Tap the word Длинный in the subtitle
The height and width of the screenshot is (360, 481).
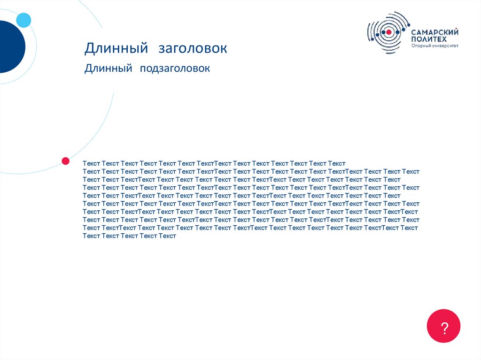click(108, 69)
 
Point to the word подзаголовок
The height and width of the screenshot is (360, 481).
click(174, 69)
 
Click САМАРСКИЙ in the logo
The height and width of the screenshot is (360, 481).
click(435, 32)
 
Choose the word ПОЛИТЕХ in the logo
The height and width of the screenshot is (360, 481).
click(429, 39)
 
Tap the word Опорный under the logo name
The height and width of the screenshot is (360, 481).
click(420, 46)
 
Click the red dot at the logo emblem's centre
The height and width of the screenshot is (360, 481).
click(389, 32)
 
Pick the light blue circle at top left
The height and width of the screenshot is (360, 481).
click(23, 20)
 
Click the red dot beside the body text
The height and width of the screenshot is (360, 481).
click(66, 161)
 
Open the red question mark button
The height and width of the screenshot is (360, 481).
click(443, 326)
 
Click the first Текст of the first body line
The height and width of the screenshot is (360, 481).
click(91, 163)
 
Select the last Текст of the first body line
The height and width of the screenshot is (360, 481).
click(337, 163)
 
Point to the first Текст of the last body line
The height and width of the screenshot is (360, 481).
click(91, 236)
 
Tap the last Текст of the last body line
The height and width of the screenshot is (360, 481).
click(167, 236)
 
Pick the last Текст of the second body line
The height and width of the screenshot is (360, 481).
click(411, 171)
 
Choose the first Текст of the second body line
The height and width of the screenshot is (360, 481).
click(91, 171)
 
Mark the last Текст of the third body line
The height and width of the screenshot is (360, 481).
click(392, 179)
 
